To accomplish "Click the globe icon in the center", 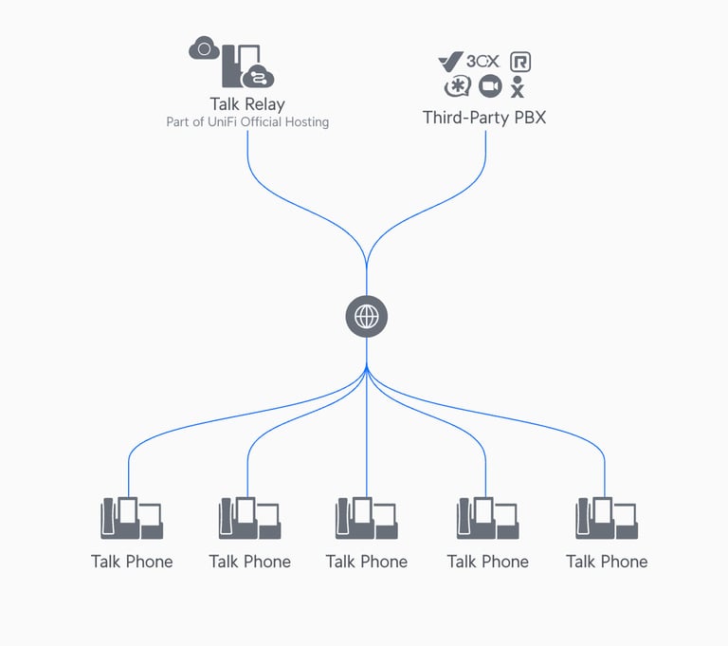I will tap(367, 317).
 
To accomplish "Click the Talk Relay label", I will tap(247, 104).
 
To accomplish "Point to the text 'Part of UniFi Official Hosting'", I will tap(247, 122).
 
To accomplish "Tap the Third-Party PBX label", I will tap(484, 118).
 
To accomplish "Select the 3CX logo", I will tap(482, 62).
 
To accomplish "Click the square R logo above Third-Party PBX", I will tap(520, 62).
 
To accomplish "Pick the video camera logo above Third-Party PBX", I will tap(490, 87).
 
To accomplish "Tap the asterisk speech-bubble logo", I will tap(458, 87).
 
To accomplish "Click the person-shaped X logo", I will tap(518, 88).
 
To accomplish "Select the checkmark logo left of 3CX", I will tap(449, 62).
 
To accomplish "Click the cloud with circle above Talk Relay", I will tap(204, 47).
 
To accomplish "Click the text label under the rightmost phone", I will tap(607, 562).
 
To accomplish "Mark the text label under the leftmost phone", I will tap(132, 562).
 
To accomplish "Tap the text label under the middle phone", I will tap(367, 562).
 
